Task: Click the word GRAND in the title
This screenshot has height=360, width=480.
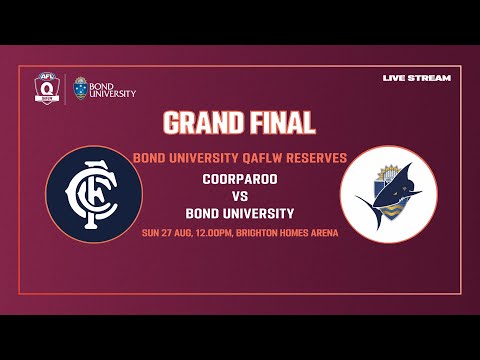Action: (x=202, y=123)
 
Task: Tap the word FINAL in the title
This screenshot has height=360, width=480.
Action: (x=281, y=123)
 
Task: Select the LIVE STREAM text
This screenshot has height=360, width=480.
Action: (x=417, y=78)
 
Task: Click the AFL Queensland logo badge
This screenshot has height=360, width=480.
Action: (x=44, y=88)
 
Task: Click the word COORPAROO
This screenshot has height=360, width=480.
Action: (x=239, y=178)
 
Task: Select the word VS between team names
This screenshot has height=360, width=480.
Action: (x=240, y=196)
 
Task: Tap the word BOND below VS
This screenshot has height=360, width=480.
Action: (x=203, y=214)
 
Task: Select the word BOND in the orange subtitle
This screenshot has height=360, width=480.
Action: (x=150, y=157)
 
